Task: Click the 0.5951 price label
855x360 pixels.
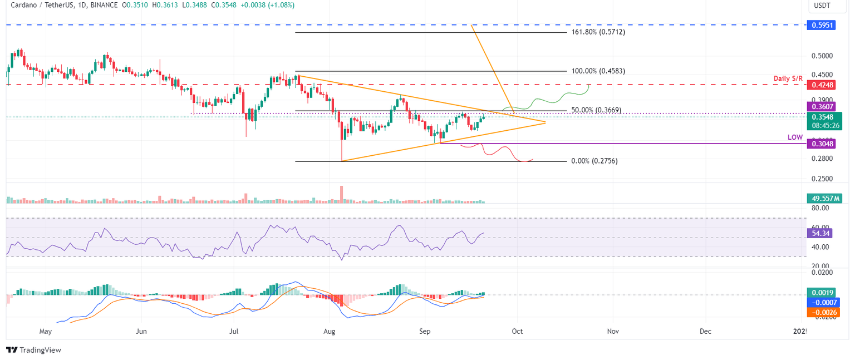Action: [x=821, y=25]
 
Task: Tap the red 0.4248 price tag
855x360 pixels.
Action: [x=821, y=85]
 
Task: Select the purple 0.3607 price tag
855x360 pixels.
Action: [x=821, y=106]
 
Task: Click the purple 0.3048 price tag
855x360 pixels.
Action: [x=821, y=144]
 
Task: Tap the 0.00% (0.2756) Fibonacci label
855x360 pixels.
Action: [x=594, y=161]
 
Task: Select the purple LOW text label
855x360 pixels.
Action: [x=795, y=137]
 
